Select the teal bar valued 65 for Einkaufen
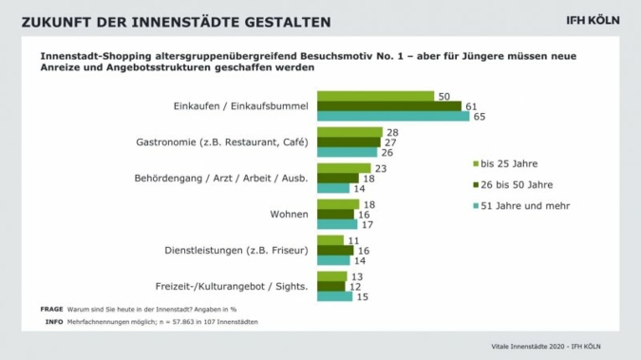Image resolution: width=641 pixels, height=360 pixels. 393,117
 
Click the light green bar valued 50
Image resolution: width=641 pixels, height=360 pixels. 375,96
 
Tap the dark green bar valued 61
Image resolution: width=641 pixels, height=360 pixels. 388,106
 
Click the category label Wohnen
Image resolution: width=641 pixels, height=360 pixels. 289,215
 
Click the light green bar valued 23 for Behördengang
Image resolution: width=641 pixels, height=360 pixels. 344,168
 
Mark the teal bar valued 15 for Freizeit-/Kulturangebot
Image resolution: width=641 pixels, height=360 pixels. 334,296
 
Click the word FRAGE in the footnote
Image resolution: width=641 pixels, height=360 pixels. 51,310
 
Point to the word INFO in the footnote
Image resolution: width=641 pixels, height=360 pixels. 54,322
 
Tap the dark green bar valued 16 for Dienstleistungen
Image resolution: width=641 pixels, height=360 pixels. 335,250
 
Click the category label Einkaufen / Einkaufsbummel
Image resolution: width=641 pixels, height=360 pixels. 242,106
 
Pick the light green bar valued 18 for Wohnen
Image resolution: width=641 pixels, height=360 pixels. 338,204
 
